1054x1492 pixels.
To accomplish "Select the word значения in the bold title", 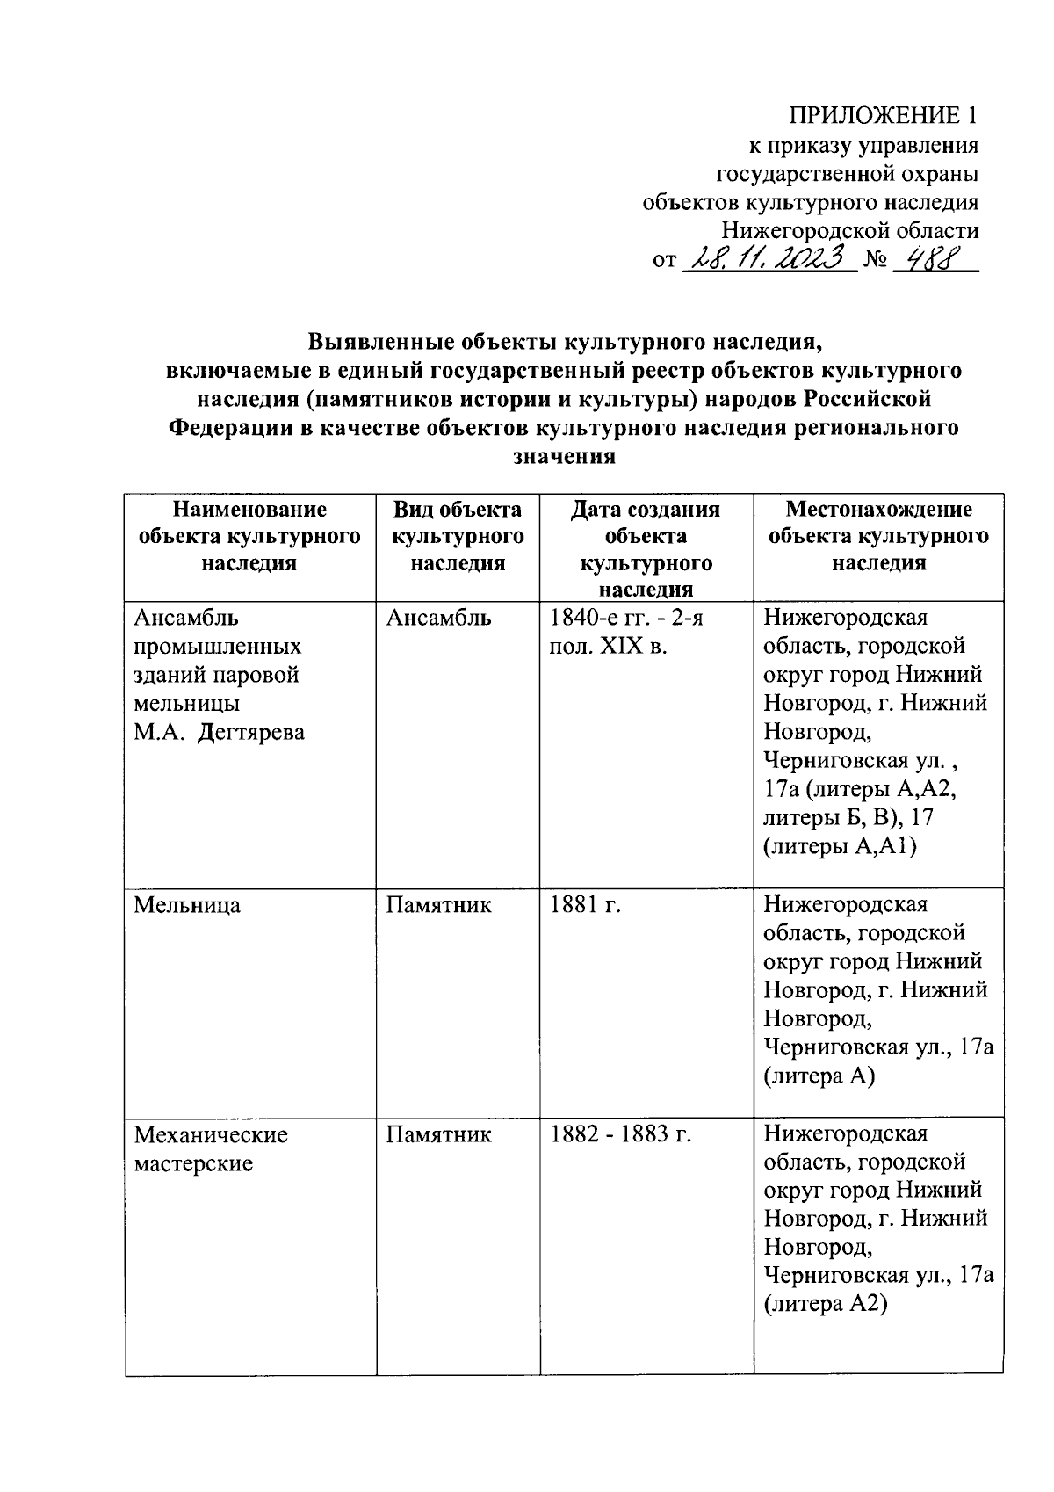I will point(563,456).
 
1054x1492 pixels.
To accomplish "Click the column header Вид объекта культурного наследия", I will point(458,536).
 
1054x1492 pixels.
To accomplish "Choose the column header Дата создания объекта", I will point(646,523).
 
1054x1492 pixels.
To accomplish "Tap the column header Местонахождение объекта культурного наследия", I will point(878,536).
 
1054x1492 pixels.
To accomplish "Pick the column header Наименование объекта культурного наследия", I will point(249,536).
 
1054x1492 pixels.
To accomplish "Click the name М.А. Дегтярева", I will point(220,732).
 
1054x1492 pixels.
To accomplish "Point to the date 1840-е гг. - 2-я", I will point(626,618).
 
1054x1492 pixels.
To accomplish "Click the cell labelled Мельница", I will point(187,904).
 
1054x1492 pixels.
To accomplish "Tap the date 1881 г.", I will point(585,904).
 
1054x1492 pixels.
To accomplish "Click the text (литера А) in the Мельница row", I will point(819,1076).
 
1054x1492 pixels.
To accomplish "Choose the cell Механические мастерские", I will point(211,1148).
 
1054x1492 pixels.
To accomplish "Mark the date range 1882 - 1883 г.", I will point(621,1134).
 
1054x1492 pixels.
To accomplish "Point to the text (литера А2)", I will point(826,1304).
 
